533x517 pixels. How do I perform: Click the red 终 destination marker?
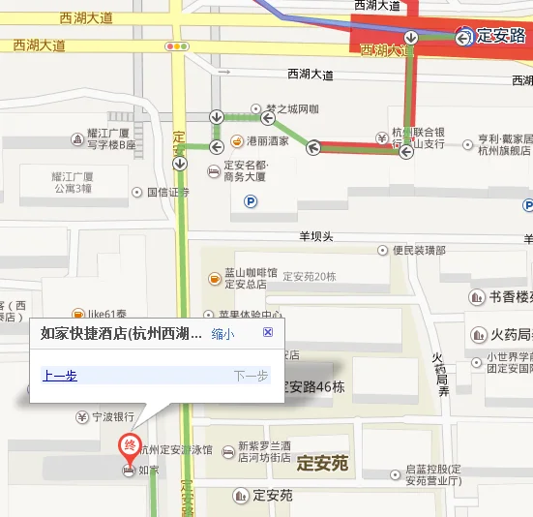127,446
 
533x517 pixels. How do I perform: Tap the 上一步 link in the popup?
60,376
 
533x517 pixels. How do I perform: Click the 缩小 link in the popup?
222,334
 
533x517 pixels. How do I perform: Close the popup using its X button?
268,332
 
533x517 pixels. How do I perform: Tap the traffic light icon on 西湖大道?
177,46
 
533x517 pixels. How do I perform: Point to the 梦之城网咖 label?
291,108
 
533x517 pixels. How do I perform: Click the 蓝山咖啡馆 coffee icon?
215,279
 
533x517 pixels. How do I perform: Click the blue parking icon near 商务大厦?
252,201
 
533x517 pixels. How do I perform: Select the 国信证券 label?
167,192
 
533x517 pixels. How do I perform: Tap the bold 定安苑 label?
322,463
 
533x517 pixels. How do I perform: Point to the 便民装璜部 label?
422,250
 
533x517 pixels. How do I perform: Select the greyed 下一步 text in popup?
250,376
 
